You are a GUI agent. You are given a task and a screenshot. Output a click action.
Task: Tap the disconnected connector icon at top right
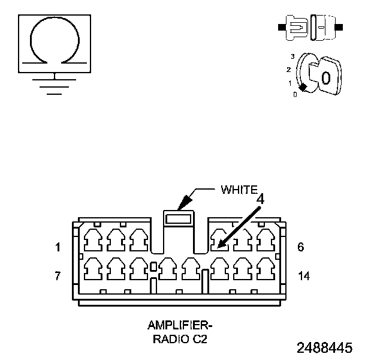[x=310, y=28]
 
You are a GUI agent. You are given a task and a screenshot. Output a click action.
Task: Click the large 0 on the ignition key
[x=325, y=77]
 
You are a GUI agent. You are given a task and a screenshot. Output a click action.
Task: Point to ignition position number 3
[x=292, y=56]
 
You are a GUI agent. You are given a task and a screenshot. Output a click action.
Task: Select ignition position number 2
[x=289, y=70]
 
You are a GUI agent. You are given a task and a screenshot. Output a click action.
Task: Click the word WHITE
[x=239, y=190]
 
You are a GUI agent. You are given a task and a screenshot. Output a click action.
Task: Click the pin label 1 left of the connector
[x=58, y=247]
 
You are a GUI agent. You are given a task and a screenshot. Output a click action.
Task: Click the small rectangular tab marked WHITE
[x=179, y=220]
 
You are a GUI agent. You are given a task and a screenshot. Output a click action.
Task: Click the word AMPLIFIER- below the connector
[x=180, y=326]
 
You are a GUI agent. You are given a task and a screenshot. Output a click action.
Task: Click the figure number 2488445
[x=324, y=348]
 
